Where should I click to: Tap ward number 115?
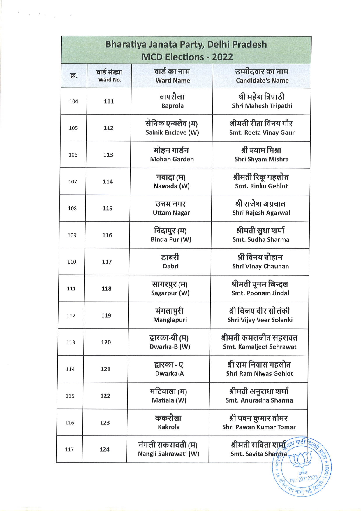[108, 209]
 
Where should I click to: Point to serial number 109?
[72, 235]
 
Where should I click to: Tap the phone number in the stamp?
[304, 479]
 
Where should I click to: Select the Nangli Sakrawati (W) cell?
[168, 449]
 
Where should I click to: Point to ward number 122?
[105, 396]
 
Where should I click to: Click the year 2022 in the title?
[222, 57]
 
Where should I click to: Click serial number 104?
[73, 101]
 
